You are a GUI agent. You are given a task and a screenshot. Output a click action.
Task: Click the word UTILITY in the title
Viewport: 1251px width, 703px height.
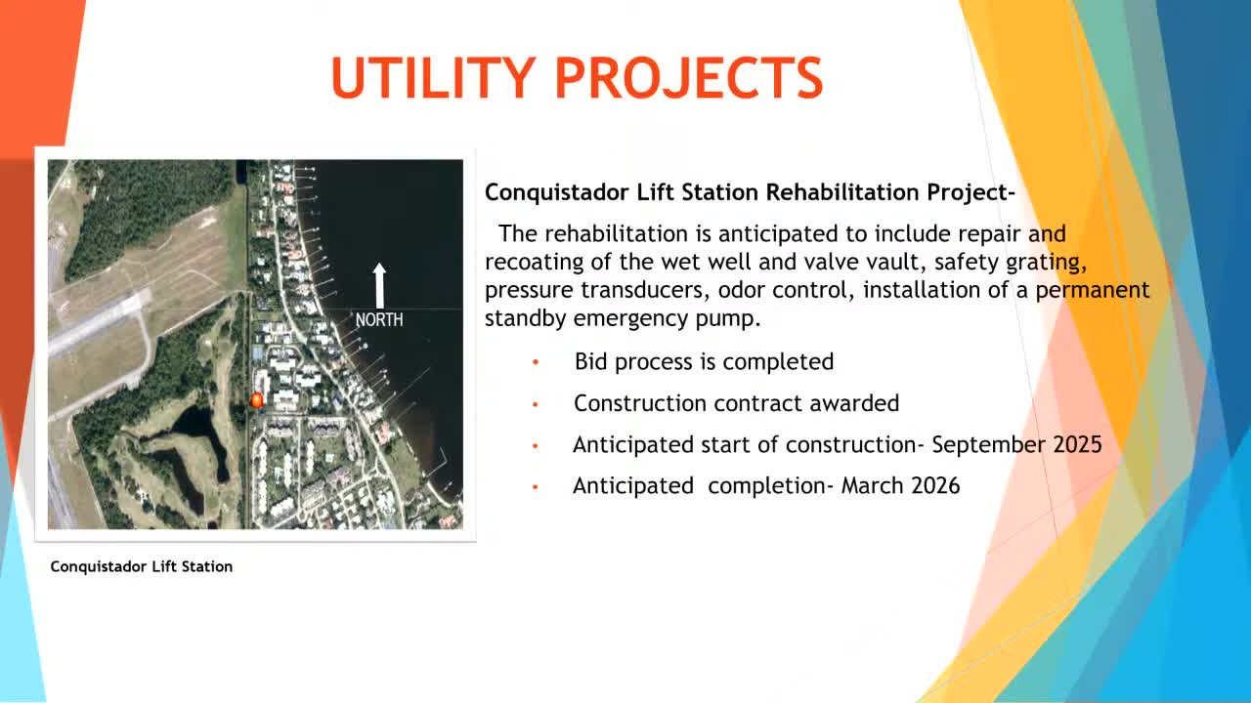pyautogui.click(x=433, y=77)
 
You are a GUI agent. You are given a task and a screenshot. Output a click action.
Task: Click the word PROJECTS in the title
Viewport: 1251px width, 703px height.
pyautogui.click(x=688, y=77)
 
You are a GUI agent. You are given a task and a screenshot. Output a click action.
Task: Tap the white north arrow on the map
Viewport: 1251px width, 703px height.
pyautogui.click(x=379, y=286)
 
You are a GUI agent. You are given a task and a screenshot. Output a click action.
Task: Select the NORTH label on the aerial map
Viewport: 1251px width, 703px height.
pyautogui.click(x=379, y=319)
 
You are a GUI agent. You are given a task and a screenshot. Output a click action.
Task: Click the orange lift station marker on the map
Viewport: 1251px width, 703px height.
pyautogui.click(x=256, y=400)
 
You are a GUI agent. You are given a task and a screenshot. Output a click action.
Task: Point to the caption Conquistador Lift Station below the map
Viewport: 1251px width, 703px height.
pyautogui.click(x=142, y=566)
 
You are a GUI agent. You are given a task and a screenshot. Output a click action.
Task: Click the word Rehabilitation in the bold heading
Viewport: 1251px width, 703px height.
pyautogui.click(x=842, y=192)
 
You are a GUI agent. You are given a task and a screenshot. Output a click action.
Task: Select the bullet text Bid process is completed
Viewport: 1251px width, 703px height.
pyautogui.click(x=704, y=361)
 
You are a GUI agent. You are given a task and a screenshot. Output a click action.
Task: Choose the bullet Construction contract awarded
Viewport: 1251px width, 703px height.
pyautogui.click(x=736, y=403)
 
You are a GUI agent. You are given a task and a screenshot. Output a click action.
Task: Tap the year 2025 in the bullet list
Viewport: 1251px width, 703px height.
pyautogui.click(x=1077, y=444)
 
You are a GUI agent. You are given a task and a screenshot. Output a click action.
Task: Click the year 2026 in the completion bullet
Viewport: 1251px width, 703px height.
pyautogui.click(x=935, y=485)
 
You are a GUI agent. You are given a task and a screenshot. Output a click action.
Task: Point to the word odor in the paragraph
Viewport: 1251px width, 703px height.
pyautogui.click(x=741, y=290)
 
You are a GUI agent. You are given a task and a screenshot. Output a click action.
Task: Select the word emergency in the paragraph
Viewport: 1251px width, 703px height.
pyautogui.click(x=630, y=319)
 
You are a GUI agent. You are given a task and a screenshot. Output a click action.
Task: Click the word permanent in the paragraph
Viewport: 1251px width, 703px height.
pyautogui.click(x=1093, y=291)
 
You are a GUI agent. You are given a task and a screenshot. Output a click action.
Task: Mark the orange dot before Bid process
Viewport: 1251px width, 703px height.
pyautogui.click(x=535, y=362)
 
